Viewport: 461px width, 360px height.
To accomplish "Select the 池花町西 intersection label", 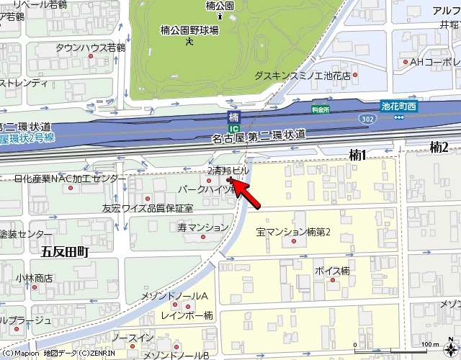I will click(x=398, y=106).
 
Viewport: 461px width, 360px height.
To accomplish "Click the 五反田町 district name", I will click(x=64, y=251).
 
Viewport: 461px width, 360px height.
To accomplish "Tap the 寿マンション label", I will click(x=202, y=228).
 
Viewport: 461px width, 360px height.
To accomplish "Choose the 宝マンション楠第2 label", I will click(x=292, y=233).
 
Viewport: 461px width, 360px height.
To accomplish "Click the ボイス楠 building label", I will click(x=332, y=271).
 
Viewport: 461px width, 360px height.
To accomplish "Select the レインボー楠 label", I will click(x=187, y=315).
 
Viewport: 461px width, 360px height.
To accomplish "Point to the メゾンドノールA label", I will click(x=174, y=297).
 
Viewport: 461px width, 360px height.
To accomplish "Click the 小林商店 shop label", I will click(x=34, y=277).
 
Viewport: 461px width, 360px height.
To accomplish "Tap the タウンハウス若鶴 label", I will click(x=90, y=48).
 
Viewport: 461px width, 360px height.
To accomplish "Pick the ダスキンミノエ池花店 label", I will click(x=303, y=75).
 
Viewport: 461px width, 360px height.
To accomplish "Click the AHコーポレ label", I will click(x=435, y=63).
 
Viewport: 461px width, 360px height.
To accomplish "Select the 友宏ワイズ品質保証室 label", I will click(x=148, y=209).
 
